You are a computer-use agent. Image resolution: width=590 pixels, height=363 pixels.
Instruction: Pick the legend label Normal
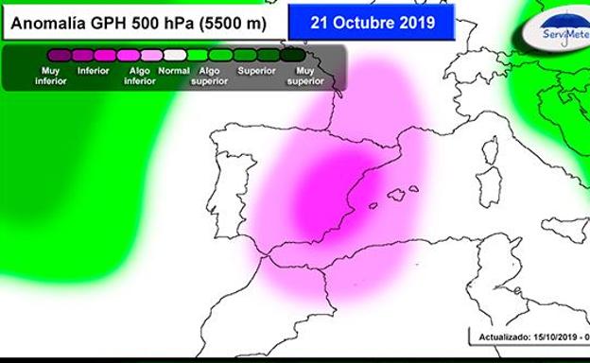point(174,70)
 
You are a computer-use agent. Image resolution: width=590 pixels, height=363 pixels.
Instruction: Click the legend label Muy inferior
point(51,76)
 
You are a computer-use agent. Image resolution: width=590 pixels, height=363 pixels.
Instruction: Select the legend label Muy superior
point(305,76)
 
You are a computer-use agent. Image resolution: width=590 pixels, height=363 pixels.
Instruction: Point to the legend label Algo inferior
point(139,76)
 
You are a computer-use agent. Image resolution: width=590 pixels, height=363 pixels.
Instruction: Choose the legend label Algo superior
point(210,76)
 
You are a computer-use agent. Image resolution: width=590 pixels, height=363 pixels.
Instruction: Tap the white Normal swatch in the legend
point(174,56)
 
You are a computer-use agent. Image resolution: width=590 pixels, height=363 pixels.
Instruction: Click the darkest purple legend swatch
point(58,56)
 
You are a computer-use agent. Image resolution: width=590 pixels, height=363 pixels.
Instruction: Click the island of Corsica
point(490,152)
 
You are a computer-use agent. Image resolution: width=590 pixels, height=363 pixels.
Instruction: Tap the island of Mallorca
point(397,196)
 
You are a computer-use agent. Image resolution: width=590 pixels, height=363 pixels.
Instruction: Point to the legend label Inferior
point(94,70)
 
